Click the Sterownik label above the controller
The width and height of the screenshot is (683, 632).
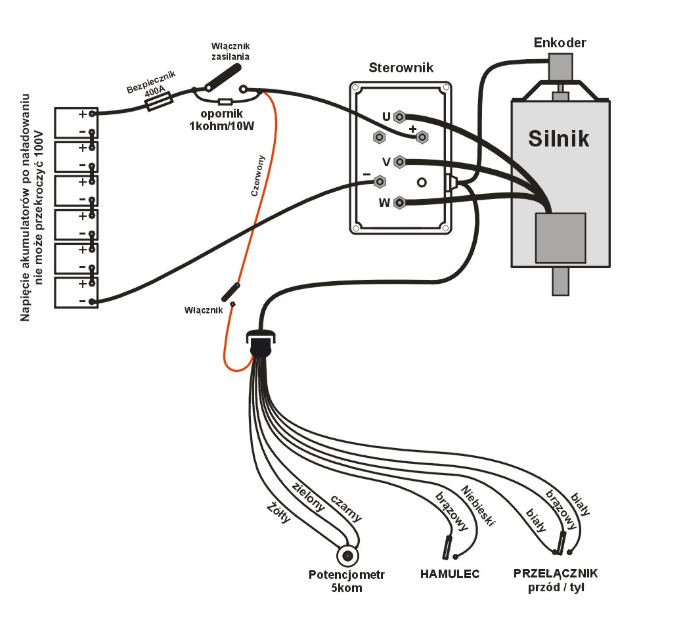(401, 68)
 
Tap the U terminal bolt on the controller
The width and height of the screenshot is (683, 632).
(398, 117)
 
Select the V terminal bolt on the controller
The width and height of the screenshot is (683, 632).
(399, 162)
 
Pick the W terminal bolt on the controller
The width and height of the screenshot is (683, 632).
(399, 203)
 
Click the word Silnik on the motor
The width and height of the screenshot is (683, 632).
(559, 139)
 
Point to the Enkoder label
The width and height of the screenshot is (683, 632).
(560, 43)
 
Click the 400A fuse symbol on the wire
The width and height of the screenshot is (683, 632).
(158, 101)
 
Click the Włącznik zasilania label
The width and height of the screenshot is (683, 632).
(231, 51)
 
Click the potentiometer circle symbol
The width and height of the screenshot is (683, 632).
(347, 556)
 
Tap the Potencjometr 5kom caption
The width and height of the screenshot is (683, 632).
(347, 581)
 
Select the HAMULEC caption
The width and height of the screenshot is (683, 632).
(450, 574)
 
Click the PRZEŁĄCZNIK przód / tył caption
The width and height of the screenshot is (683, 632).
(556, 579)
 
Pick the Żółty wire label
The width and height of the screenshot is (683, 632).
(278, 512)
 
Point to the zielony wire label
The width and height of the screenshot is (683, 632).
(308, 497)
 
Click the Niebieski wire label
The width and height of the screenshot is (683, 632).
(477, 506)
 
